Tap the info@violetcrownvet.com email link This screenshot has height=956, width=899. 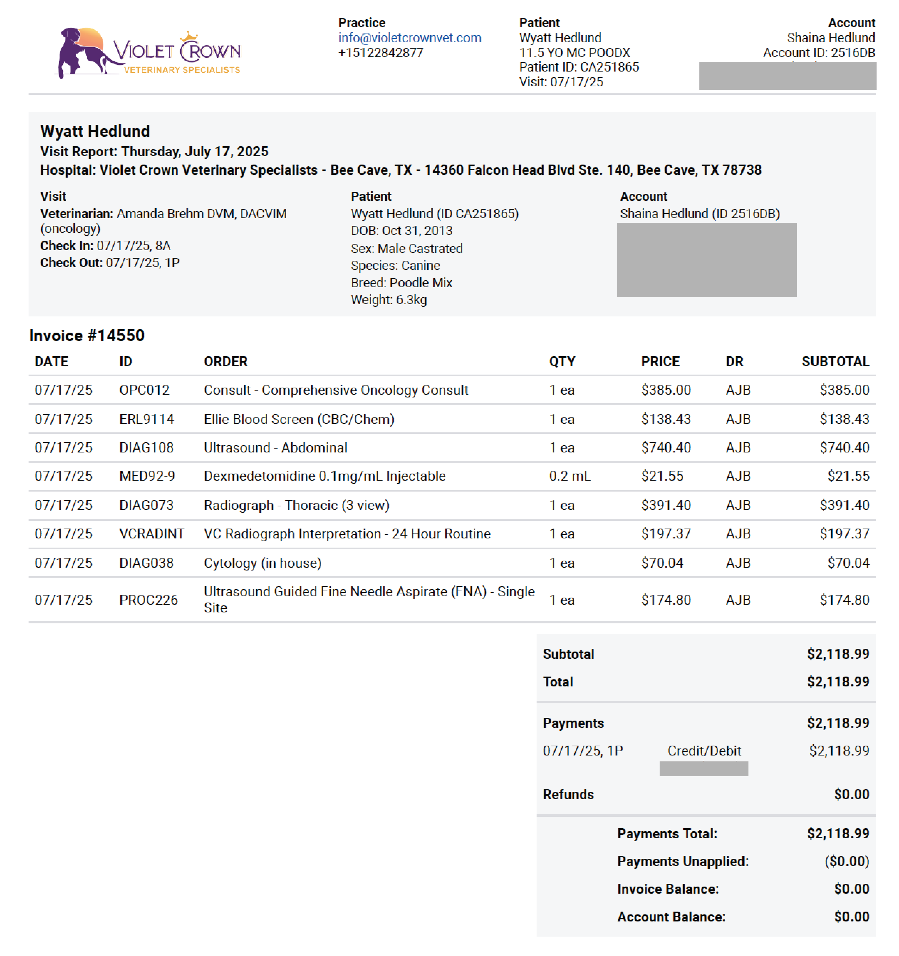pos(409,38)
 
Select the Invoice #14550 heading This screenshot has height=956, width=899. pos(87,336)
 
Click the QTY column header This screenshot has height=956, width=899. pos(562,362)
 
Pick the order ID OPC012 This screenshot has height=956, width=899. pos(144,390)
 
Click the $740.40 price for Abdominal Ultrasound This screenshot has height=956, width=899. pos(666,448)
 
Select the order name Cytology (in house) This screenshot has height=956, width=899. pos(263,563)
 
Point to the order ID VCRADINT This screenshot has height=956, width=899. pos(152,534)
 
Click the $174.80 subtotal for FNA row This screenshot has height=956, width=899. pos(844,600)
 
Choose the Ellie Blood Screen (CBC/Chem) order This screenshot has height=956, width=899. pos(299,419)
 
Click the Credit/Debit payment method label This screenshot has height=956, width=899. pos(704,751)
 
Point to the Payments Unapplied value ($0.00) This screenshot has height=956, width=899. pos(846,862)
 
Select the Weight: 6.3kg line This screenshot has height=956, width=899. pos(389,300)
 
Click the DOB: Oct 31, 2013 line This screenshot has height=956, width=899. pos(402,231)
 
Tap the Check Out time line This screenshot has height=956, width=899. pos(110,263)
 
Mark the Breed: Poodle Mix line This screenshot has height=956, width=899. pos(402,283)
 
